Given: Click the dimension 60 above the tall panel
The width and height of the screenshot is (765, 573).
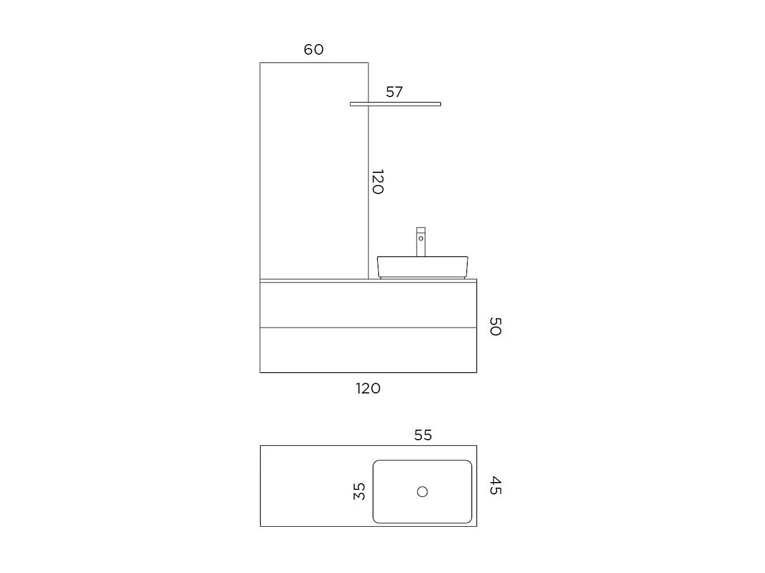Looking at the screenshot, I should pyautogui.click(x=313, y=50).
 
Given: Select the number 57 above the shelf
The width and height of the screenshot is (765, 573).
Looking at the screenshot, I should pyautogui.click(x=394, y=92).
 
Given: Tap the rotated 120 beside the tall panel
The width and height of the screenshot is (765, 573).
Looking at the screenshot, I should pyautogui.click(x=378, y=182).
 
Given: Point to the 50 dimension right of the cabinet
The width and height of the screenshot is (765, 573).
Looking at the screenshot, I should pyautogui.click(x=495, y=326).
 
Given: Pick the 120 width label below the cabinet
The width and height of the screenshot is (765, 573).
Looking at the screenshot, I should pyautogui.click(x=368, y=388).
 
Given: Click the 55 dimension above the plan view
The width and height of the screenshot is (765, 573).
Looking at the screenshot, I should pyautogui.click(x=423, y=435).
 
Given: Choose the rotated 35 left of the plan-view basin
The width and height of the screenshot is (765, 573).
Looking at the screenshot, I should pyautogui.click(x=359, y=491).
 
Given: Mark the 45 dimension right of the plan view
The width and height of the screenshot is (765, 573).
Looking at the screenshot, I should pyautogui.click(x=495, y=485).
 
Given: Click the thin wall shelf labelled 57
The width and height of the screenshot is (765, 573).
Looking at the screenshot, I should pyautogui.click(x=395, y=104).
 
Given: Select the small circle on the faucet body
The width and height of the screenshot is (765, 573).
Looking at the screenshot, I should pyautogui.click(x=421, y=239).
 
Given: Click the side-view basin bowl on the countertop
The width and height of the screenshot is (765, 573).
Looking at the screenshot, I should pyautogui.click(x=422, y=267).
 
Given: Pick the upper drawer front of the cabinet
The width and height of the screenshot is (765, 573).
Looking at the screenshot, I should pyautogui.click(x=368, y=305).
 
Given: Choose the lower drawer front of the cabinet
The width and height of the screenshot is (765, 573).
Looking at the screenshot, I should pyautogui.click(x=368, y=350).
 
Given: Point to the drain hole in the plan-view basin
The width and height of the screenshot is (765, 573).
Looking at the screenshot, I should pyautogui.click(x=423, y=492).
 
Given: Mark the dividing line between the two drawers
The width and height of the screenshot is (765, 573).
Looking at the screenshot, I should pyautogui.click(x=368, y=327).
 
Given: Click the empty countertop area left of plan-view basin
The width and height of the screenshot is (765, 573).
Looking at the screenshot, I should pyautogui.click(x=315, y=486).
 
